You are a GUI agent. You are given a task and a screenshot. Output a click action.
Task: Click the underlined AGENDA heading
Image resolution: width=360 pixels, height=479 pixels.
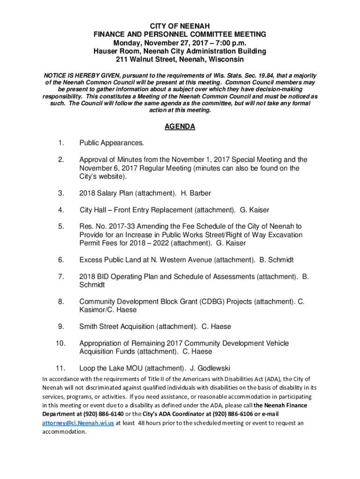(x=180, y=127)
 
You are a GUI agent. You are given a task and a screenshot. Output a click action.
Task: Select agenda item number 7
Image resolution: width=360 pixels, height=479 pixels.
(x=61, y=276)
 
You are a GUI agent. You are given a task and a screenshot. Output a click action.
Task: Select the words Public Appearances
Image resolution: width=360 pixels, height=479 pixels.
(x=112, y=142)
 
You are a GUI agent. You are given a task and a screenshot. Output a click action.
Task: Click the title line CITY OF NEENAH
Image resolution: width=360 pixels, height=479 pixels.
(x=180, y=26)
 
